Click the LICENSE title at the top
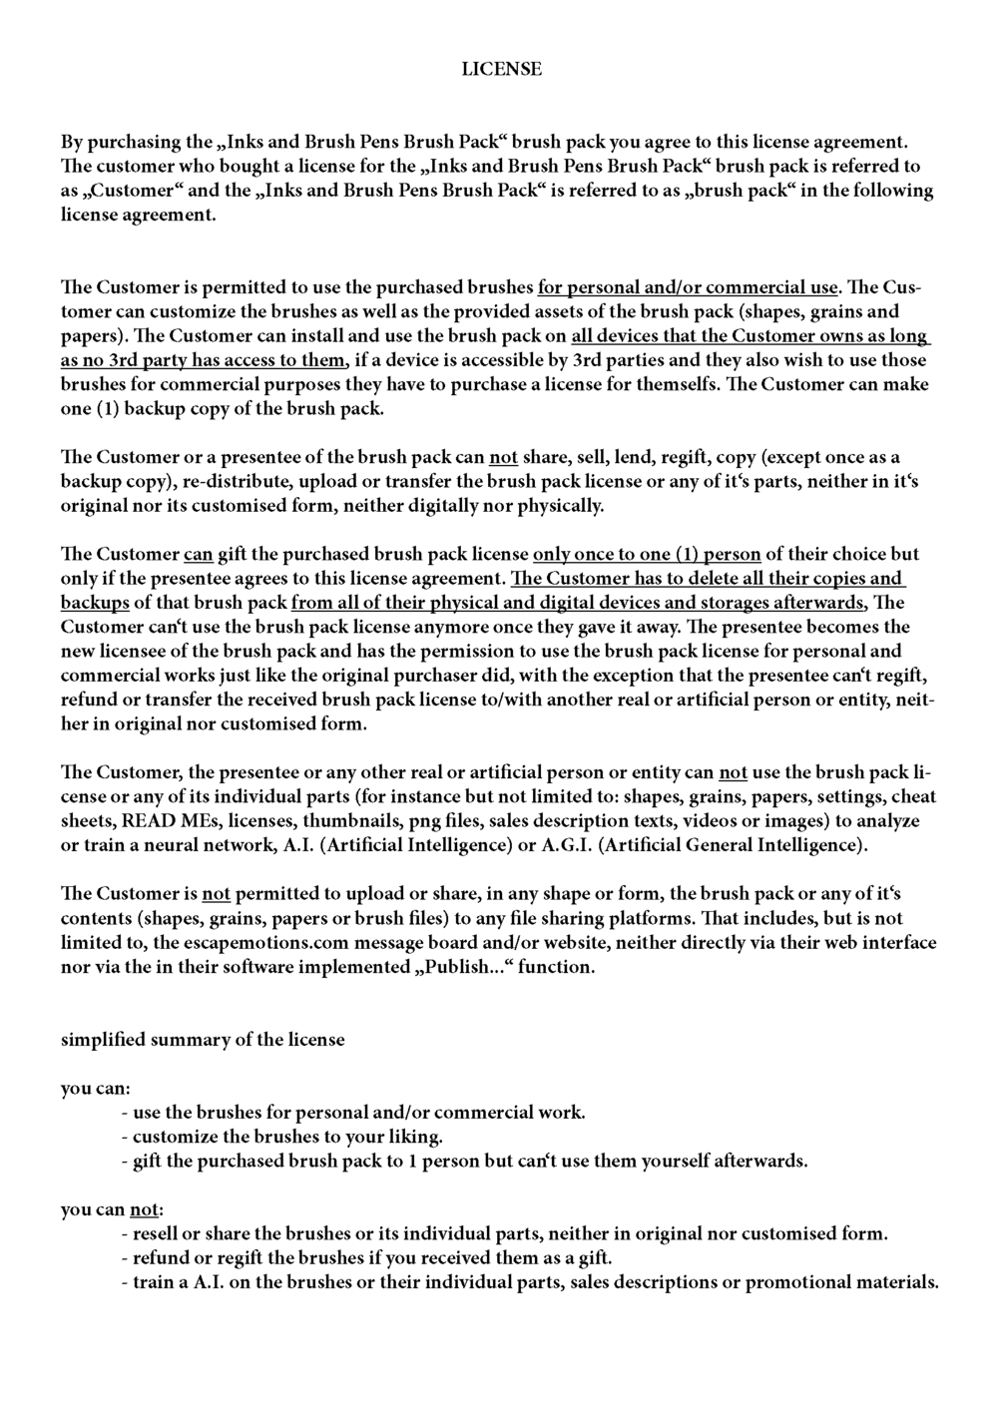point(501,69)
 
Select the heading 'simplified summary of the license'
point(203,1040)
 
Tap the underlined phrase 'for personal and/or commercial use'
point(688,288)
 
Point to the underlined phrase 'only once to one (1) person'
point(647,554)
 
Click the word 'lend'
point(624,458)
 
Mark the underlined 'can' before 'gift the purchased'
point(198,554)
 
